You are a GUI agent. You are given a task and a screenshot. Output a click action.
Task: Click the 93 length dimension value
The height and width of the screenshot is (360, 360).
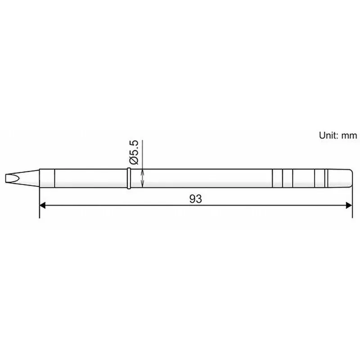pyautogui.click(x=195, y=198)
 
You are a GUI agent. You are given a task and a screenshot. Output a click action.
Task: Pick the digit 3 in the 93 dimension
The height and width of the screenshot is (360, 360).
pyautogui.click(x=198, y=198)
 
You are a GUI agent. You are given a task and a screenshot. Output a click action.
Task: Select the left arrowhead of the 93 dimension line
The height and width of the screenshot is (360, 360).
pyautogui.click(x=43, y=205)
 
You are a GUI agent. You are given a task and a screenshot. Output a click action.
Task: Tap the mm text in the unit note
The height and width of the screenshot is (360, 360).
pyautogui.click(x=350, y=135)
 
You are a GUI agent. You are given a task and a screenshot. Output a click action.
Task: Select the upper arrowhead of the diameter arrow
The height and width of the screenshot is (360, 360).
pyautogui.click(x=143, y=171)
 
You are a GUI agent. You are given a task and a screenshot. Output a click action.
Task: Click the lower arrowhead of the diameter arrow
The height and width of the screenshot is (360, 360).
pyautogui.click(x=143, y=184)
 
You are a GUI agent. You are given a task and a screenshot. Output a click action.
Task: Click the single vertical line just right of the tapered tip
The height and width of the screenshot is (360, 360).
pyautogui.click(x=54, y=178)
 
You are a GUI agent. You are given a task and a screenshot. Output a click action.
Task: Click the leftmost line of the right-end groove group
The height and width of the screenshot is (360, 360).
pyautogui.click(x=273, y=178)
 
